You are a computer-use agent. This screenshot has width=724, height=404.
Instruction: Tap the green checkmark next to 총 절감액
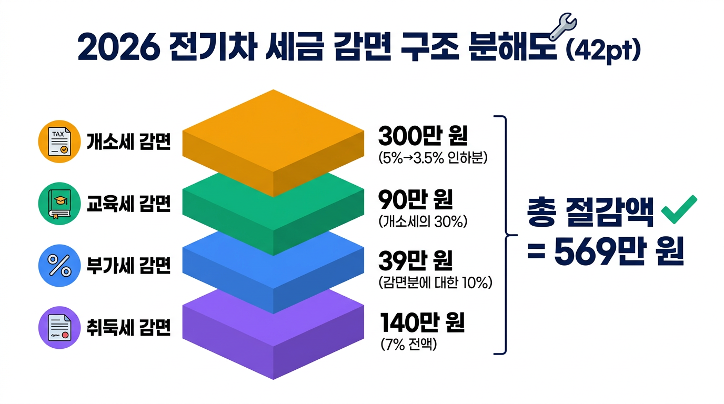pyautogui.click(x=678, y=210)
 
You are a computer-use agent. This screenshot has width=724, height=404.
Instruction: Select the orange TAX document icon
pyautogui.click(x=59, y=143)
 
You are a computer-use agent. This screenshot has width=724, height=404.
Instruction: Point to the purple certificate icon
pyautogui.click(x=59, y=327)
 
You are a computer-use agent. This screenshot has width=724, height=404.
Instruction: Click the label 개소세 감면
pyautogui.click(x=128, y=143)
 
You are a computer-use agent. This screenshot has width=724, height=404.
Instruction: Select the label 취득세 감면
pyautogui.click(x=128, y=328)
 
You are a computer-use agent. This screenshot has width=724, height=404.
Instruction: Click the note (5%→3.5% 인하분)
pyautogui.click(x=433, y=158)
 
